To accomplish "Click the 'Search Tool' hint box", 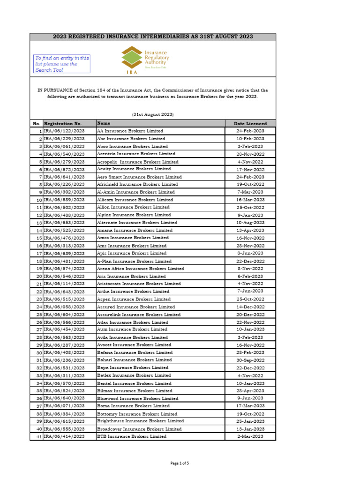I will click(x=62, y=64).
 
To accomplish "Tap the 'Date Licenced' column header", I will click(x=250, y=123).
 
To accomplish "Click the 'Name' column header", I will click(x=104, y=123).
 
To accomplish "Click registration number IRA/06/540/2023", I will click(x=64, y=154).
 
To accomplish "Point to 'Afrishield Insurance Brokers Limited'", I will click(x=137, y=184).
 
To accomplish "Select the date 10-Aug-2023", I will click(x=250, y=223).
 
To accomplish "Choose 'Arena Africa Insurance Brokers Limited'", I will click(x=140, y=269).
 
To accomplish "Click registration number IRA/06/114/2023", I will click(x=64, y=284).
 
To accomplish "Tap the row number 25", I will click(x=39, y=315).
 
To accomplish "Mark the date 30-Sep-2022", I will click(x=250, y=360).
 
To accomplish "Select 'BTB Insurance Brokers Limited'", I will click(x=131, y=436).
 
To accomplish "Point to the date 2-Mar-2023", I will click(x=250, y=436).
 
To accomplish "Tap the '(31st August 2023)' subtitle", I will click(x=153, y=114).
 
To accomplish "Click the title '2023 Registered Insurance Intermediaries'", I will click(x=153, y=37).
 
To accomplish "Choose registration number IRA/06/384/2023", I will click(x=64, y=414).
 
